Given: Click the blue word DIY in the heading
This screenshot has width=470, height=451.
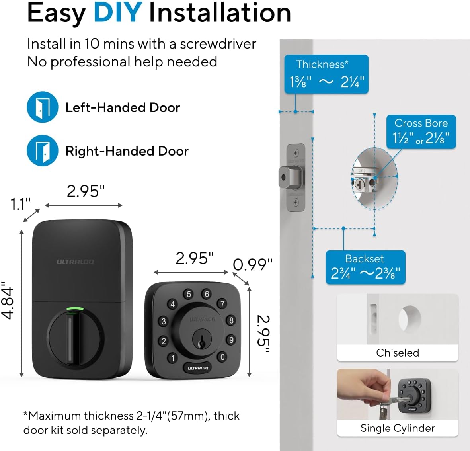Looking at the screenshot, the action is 118,13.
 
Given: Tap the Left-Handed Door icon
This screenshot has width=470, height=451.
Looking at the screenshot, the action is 42,107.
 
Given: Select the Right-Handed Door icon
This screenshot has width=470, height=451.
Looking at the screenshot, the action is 42,150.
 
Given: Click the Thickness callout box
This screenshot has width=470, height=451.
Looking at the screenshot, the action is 326,74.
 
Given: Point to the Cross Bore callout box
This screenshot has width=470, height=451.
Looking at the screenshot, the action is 421,132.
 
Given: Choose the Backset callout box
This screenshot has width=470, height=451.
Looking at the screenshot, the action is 365,267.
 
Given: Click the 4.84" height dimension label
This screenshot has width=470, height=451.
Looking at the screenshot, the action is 8,301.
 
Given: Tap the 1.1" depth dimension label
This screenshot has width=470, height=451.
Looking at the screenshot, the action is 20,204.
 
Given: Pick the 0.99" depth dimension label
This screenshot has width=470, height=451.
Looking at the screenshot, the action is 252,265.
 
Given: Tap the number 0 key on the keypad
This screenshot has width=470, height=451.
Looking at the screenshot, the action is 222,357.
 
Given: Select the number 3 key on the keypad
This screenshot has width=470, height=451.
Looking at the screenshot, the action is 164,322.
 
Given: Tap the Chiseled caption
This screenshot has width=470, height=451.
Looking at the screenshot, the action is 398,353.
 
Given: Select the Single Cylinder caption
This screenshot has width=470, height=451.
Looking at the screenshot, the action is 398,428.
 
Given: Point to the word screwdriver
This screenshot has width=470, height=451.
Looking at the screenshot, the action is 218,44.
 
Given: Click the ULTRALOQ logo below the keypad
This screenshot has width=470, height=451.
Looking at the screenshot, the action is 198,368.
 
